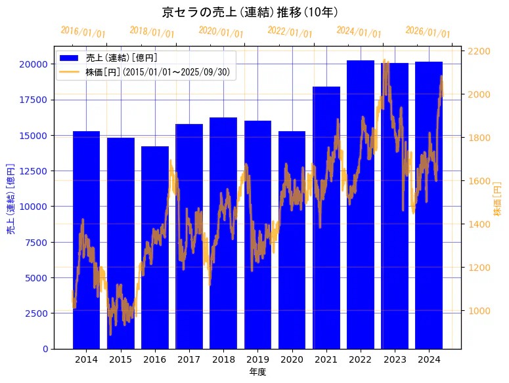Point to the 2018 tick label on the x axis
coord(223,359)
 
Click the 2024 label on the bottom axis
coord(429,359)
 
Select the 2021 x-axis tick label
coord(326,359)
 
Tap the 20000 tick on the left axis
coord(33,64)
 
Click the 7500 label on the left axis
coord(36,242)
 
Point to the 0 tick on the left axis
coord(45,349)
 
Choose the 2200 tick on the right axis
coord(479,51)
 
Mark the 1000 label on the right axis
coord(479,311)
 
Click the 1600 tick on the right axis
coord(479,181)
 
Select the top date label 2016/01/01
coord(83,31)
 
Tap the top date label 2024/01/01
coord(359,31)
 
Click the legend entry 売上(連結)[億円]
coord(122,58)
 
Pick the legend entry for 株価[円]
coord(158,71)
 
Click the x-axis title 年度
coord(257,372)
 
